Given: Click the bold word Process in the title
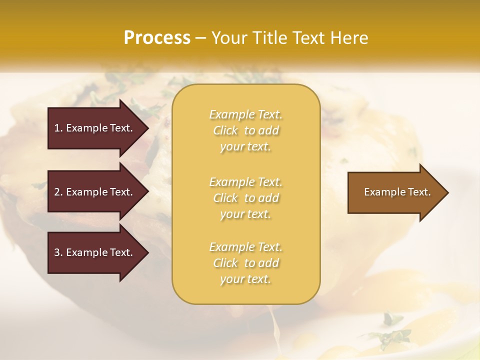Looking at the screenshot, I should click(157, 38).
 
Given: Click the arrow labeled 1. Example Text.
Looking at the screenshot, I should click(95, 128).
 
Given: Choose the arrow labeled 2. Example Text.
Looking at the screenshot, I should click(95, 192).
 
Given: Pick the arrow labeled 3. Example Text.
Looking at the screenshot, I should click(95, 252).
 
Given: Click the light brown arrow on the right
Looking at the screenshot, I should click(395, 192).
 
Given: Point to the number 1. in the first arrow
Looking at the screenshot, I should click(58, 128).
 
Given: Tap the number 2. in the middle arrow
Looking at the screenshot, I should click(58, 192).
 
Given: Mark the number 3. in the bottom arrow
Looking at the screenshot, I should click(58, 252).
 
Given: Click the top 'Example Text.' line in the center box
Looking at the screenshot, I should click(245, 114).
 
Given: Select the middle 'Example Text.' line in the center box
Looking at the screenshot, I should click(245, 182).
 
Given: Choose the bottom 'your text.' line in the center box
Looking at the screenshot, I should click(245, 279).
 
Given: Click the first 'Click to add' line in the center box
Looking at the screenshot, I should click(245, 130).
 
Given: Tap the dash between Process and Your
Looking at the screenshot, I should click(200, 38).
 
